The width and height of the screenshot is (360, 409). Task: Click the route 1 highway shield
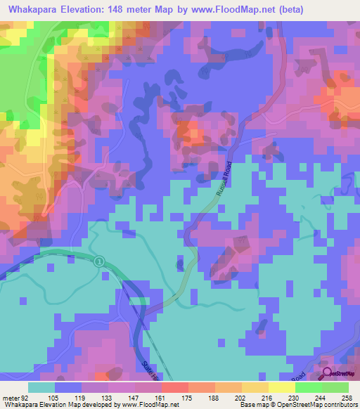click(99, 261)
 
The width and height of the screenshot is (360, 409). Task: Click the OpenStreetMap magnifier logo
click(328, 374)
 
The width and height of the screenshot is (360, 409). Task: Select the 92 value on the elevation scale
click(29, 397)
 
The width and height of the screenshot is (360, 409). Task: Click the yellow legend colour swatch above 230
click(281, 387)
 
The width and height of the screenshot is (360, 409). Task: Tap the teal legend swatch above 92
click(41, 387)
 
